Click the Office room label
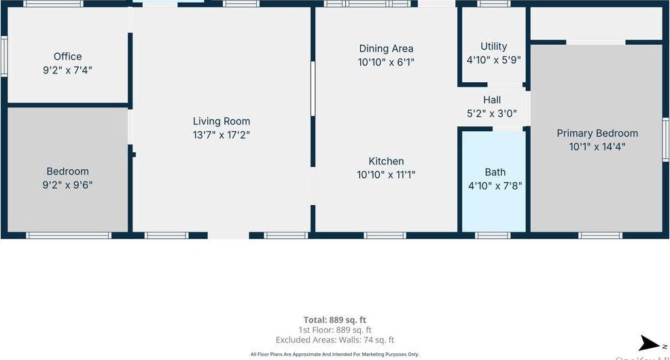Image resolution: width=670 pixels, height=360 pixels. pyautogui.click(x=68, y=56)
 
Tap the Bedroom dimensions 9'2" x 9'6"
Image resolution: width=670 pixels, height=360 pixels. pyautogui.click(x=68, y=184)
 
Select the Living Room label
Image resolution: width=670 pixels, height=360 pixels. pyautogui.click(x=222, y=122)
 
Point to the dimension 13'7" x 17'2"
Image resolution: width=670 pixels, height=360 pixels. pyautogui.click(x=222, y=134)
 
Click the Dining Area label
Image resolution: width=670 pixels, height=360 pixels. pyautogui.click(x=386, y=48)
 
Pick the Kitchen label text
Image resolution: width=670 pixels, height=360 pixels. pyautogui.click(x=386, y=161)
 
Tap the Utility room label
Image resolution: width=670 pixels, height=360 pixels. pyautogui.click(x=493, y=46)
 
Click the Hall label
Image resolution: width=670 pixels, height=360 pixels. pyautogui.click(x=492, y=100)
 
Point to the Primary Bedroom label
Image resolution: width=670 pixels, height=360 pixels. pyautogui.click(x=597, y=133)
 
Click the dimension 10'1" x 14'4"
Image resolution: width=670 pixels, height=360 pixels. pyautogui.click(x=597, y=146)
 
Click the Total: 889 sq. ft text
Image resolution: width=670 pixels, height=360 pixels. pyautogui.click(x=335, y=319)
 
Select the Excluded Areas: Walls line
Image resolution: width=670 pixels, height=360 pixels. pyautogui.click(x=335, y=340)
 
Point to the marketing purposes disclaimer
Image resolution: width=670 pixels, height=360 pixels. pyautogui.click(x=335, y=354)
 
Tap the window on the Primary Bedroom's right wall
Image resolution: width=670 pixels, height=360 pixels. pyautogui.click(x=666, y=139)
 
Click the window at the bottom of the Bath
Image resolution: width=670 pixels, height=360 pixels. pyautogui.click(x=493, y=235)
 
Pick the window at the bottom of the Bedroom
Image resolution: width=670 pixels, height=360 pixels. pyautogui.click(x=68, y=235)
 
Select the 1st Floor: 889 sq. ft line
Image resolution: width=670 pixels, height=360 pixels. pyautogui.click(x=335, y=329)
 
